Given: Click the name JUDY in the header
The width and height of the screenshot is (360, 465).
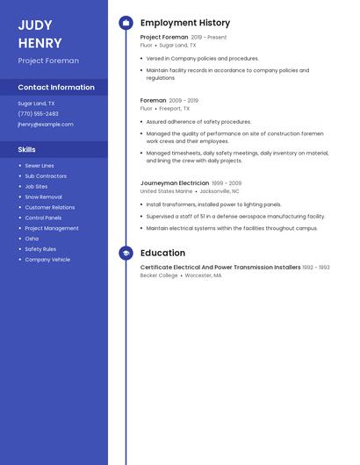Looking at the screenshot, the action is pyautogui.click(x=35, y=25).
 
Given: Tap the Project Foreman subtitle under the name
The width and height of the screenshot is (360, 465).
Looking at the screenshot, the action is pyautogui.click(x=48, y=61).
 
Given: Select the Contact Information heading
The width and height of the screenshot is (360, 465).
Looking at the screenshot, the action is pyautogui.click(x=56, y=88).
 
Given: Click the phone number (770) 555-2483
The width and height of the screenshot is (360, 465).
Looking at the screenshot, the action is pyautogui.click(x=38, y=114).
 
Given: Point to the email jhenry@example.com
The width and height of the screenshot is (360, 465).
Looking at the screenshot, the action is pyautogui.click(x=46, y=125).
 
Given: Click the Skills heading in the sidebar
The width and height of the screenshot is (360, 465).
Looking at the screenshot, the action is pyautogui.click(x=27, y=150).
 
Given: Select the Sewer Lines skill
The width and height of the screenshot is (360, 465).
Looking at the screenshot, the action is pyautogui.click(x=40, y=166).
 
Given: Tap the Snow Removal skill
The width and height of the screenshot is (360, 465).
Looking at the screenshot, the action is pyautogui.click(x=43, y=197).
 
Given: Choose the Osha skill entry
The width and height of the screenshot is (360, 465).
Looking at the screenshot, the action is pyautogui.click(x=32, y=239).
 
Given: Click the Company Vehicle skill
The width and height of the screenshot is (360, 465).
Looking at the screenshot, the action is pyautogui.click(x=47, y=260).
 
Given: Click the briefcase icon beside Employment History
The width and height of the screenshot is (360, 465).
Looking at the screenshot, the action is pyautogui.click(x=126, y=23).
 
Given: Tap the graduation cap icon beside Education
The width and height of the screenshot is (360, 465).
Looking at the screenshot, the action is pyautogui.click(x=126, y=253).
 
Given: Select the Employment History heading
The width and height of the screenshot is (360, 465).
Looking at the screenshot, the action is pyautogui.click(x=185, y=23).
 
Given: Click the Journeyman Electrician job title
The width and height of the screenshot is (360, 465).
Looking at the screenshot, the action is pyautogui.click(x=175, y=183).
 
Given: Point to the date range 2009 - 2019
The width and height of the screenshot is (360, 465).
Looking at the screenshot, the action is pyautogui.click(x=184, y=101).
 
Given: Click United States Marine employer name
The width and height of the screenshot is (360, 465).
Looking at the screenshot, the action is pyautogui.click(x=166, y=191).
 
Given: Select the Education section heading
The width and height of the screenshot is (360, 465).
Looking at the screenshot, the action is pyautogui.click(x=162, y=253).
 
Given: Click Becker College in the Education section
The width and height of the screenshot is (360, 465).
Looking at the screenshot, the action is pyautogui.click(x=159, y=275).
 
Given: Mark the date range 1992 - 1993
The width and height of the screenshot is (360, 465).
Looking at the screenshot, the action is pyautogui.click(x=316, y=268).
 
